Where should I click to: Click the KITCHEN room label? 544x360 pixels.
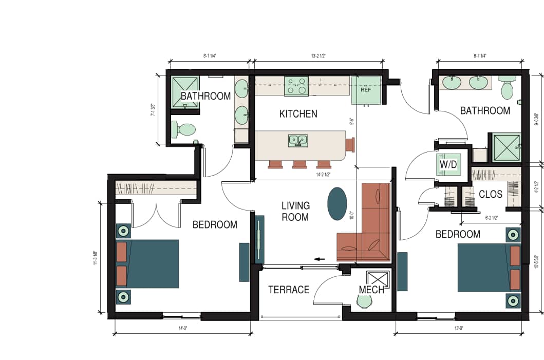click(x=298, y=114)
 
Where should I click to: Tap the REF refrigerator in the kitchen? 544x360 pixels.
click(x=366, y=89)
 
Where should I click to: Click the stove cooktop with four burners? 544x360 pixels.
click(x=296, y=85)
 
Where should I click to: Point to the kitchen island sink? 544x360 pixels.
click(x=298, y=140)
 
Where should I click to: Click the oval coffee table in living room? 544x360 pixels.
click(x=337, y=204)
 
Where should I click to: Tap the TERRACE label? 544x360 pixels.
click(x=289, y=290)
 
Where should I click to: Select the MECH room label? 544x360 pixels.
click(x=371, y=290)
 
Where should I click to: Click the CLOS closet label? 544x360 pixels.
click(x=490, y=195)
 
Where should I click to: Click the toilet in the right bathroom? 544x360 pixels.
click(x=508, y=89)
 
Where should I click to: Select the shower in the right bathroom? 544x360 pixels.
click(x=507, y=148)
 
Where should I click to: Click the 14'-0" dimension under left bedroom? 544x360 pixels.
click(x=182, y=328)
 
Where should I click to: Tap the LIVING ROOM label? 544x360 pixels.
click(x=295, y=211)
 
